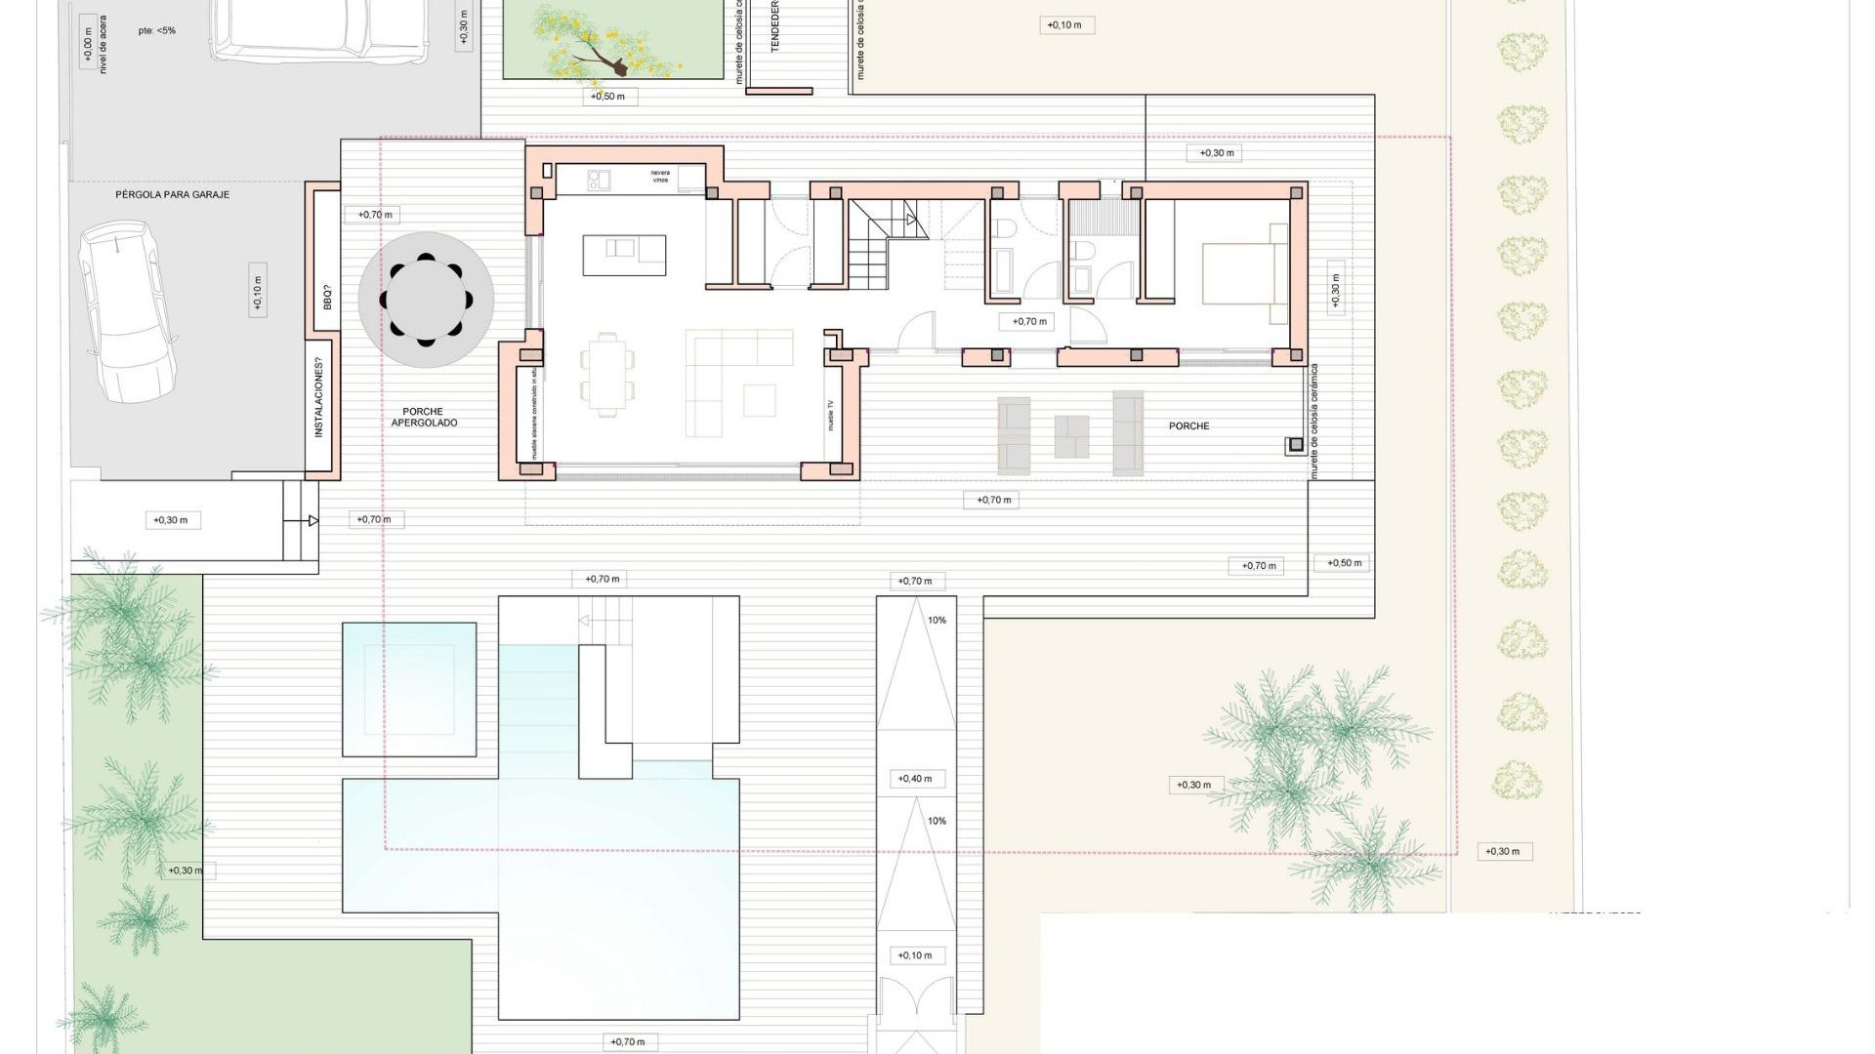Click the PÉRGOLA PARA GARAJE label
tap(173, 194)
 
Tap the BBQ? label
tap(326, 297)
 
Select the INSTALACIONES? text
tap(318, 397)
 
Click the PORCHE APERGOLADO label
tap(424, 418)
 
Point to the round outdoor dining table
tap(426, 300)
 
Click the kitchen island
tap(624, 255)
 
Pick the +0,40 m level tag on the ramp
tap(915, 779)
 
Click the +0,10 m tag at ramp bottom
tap(915, 955)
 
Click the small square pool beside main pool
tap(409, 689)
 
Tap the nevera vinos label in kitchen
tap(661, 178)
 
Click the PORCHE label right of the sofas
tap(1188, 426)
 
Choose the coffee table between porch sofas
tap(1071, 436)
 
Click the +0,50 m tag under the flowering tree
tap(608, 97)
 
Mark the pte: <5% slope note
tap(156, 30)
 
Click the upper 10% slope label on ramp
tap(937, 621)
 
